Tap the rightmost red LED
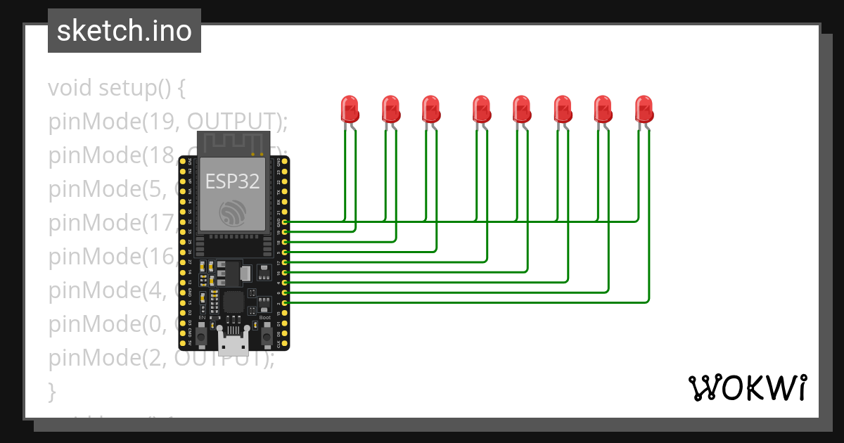coord(644,110)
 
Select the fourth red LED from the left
coord(481,110)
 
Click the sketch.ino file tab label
coord(124,31)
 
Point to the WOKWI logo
coord(747,387)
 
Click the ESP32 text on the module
coord(232,181)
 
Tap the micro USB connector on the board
coord(232,344)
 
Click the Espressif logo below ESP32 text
coord(232,212)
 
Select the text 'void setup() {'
coord(117,89)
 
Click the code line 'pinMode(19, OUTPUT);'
coord(168,122)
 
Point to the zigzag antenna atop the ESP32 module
coord(232,143)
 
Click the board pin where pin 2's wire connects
coord(284,302)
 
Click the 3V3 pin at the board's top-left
coord(183,161)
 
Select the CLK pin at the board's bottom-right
coord(284,344)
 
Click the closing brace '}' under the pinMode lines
coord(51,390)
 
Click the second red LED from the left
coord(390,110)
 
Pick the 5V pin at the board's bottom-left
coord(183,344)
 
